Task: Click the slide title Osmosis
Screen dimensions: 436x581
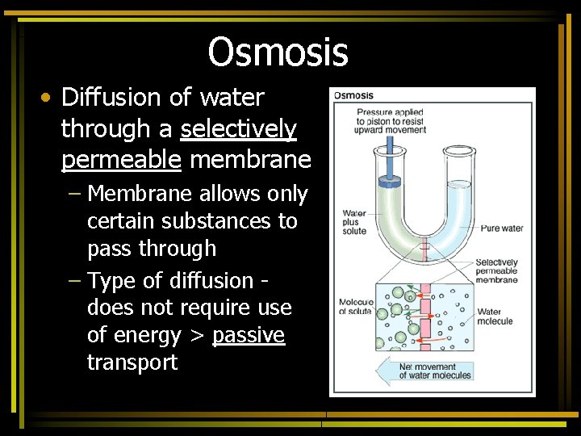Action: click(x=278, y=52)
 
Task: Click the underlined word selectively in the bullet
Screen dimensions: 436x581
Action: click(x=239, y=128)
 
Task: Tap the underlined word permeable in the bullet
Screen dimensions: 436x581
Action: click(x=122, y=159)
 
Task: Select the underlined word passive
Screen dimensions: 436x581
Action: click(x=249, y=334)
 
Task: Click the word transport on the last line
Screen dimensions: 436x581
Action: click(x=132, y=362)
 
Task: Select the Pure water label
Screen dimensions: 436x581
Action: click(x=501, y=228)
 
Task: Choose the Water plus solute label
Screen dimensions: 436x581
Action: click(x=354, y=222)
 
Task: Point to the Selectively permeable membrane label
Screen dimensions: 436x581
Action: click(x=496, y=271)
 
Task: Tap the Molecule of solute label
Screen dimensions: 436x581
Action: click(x=356, y=307)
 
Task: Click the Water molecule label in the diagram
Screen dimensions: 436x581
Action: click(x=495, y=317)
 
